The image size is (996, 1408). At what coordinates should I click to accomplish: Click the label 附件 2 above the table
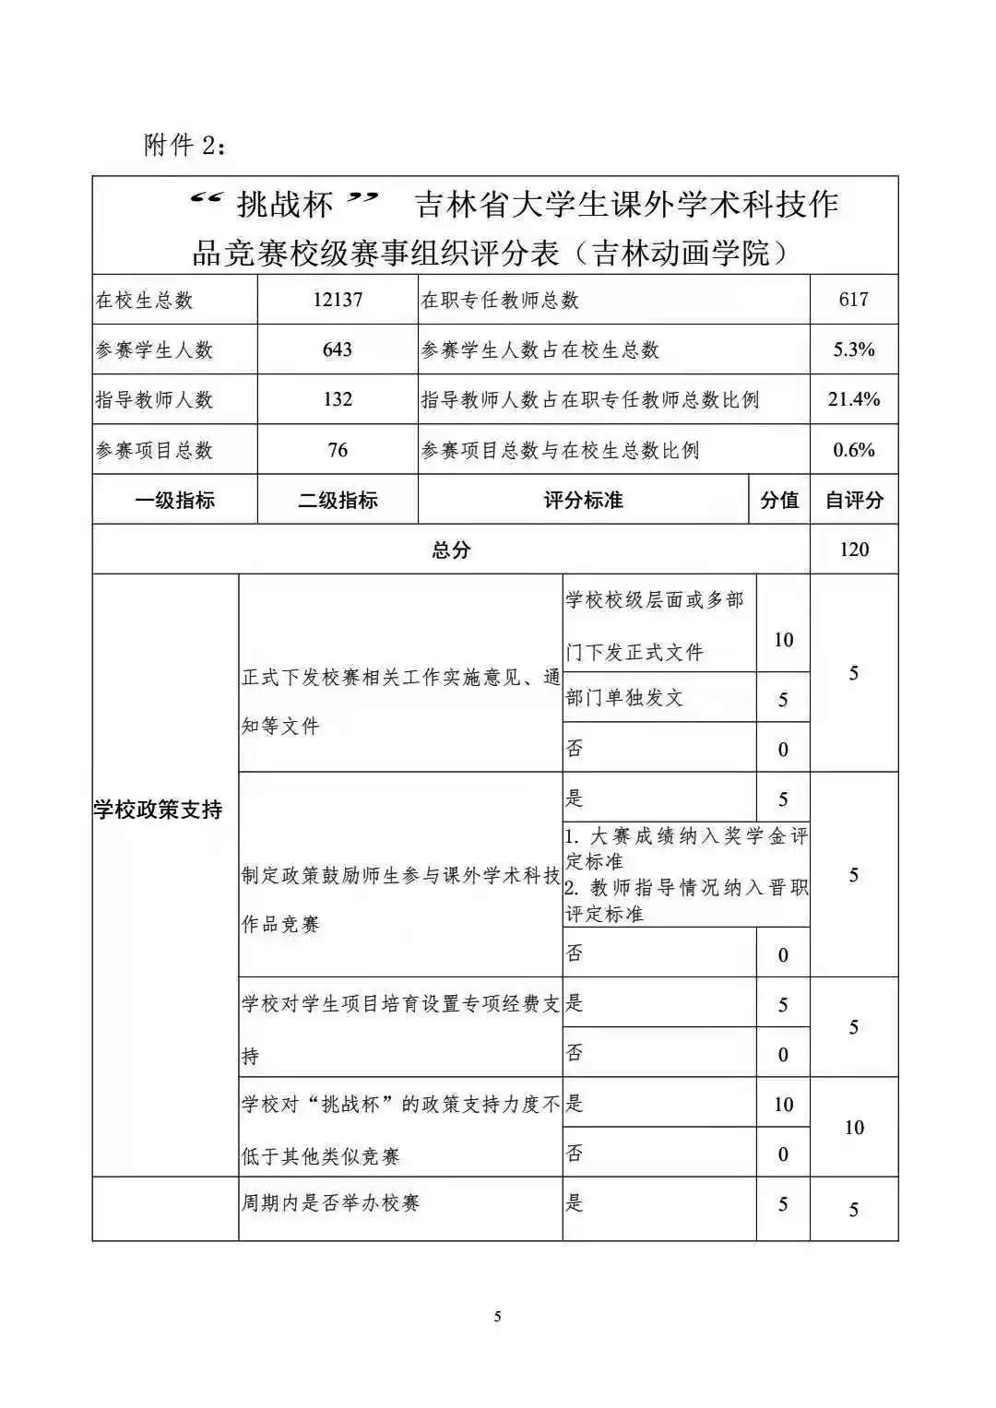coord(184,146)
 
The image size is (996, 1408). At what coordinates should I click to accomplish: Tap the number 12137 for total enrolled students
coord(338,300)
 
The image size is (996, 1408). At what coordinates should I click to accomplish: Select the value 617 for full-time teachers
coord(854,300)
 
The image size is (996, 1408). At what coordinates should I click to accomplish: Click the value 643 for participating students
coord(338,349)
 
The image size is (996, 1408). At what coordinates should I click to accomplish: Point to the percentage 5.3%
coord(854,349)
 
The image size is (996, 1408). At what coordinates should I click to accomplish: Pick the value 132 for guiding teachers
coord(338,399)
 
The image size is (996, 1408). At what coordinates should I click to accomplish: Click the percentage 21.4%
coord(854,399)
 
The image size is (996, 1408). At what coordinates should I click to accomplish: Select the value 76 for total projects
coord(338,450)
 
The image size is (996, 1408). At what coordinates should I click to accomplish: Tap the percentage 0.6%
coord(854,450)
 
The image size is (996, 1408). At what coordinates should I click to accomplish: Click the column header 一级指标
coord(174,501)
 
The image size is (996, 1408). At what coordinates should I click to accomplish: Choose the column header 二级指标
coord(338,501)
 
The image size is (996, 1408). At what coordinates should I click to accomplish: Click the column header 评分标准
coord(583,501)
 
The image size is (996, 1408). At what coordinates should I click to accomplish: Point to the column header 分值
coord(779,501)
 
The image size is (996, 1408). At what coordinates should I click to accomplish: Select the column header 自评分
coord(854,501)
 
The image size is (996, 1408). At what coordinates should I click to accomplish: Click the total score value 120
coord(854,550)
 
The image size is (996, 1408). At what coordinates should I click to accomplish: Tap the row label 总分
coord(451,550)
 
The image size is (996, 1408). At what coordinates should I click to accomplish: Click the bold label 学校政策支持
coord(158,810)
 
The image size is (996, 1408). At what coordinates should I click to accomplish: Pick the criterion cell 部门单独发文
coord(624,698)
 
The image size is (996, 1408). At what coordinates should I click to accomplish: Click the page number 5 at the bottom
coord(498,1317)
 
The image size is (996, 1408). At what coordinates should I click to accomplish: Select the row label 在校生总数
coord(145,301)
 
